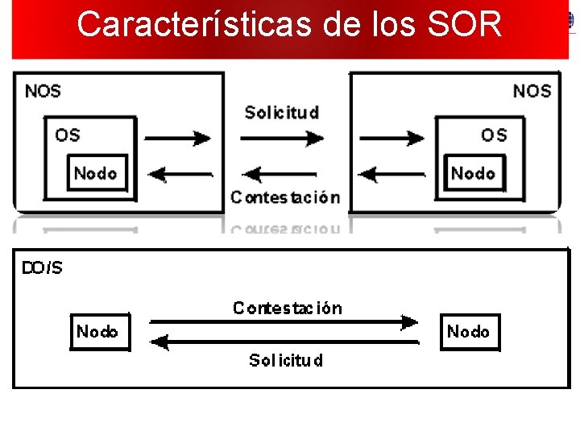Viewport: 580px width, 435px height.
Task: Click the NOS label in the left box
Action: coord(43,91)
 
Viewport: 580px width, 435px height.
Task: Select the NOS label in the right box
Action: coord(532,91)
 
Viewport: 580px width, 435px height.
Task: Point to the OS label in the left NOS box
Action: coord(68,135)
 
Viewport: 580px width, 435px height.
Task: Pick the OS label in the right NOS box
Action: coord(494,135)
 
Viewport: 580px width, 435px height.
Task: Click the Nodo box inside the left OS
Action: coord(96,173)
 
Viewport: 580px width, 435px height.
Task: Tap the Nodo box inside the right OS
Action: coord(473,173)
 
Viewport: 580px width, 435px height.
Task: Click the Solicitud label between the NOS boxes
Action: coord(281,113)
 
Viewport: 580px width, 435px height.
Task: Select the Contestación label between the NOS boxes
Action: coord(284,197)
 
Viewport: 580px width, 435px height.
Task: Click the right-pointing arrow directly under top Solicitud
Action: coord(282,139)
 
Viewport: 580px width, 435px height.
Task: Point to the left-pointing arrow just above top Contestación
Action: coord(280,173)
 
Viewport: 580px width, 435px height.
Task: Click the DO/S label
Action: coord(42,268)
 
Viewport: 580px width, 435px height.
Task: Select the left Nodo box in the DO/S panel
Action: coord(97,332)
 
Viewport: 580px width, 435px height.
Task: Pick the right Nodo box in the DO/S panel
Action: coord(468,332)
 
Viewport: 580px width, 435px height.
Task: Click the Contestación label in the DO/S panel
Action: coord(287,308)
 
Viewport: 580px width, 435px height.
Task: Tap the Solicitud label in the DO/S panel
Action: coord(285,360)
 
